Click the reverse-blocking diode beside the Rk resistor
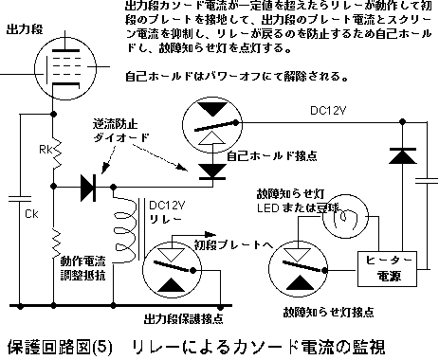pyautogui.click(x=91, y=187)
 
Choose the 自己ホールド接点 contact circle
pyautogui.click(x=210, y=119)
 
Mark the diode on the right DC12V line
pyautogui.click(x=407, y=153)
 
